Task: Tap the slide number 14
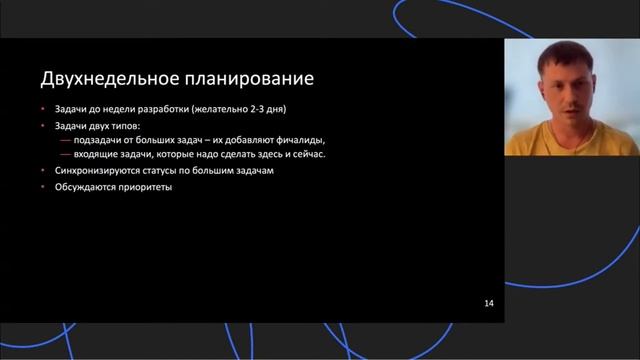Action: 489,302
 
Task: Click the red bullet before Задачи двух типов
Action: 43,124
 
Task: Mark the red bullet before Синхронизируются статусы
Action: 43,171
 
